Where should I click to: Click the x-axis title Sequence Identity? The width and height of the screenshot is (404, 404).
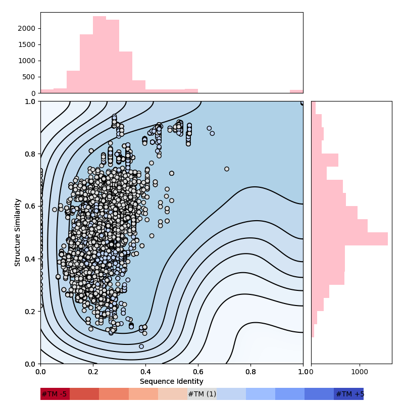point(172,382)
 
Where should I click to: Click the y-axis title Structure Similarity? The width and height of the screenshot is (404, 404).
point(18,232)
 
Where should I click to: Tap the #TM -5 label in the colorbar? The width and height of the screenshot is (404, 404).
point(54,394)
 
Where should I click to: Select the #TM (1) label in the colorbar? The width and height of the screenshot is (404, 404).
point(202,394)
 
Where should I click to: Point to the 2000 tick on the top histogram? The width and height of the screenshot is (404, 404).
point(28,28)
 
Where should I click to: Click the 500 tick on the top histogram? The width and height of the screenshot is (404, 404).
point(30,77)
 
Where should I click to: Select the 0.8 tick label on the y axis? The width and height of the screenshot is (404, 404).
point(30,154)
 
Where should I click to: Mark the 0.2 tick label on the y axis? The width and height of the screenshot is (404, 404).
point(30,311)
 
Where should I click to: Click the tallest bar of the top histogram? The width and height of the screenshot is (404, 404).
point(99,55)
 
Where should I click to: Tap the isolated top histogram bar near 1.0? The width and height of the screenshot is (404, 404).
point(296,91)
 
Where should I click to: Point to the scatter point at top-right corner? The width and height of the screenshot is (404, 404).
point(302,103)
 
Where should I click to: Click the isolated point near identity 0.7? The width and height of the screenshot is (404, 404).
point(227,169)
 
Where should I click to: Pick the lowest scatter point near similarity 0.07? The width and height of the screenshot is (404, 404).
point(141,346)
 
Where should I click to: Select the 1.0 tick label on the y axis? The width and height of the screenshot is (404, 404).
point(30,101)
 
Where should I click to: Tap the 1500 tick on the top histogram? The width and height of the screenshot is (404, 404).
point(28,44)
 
